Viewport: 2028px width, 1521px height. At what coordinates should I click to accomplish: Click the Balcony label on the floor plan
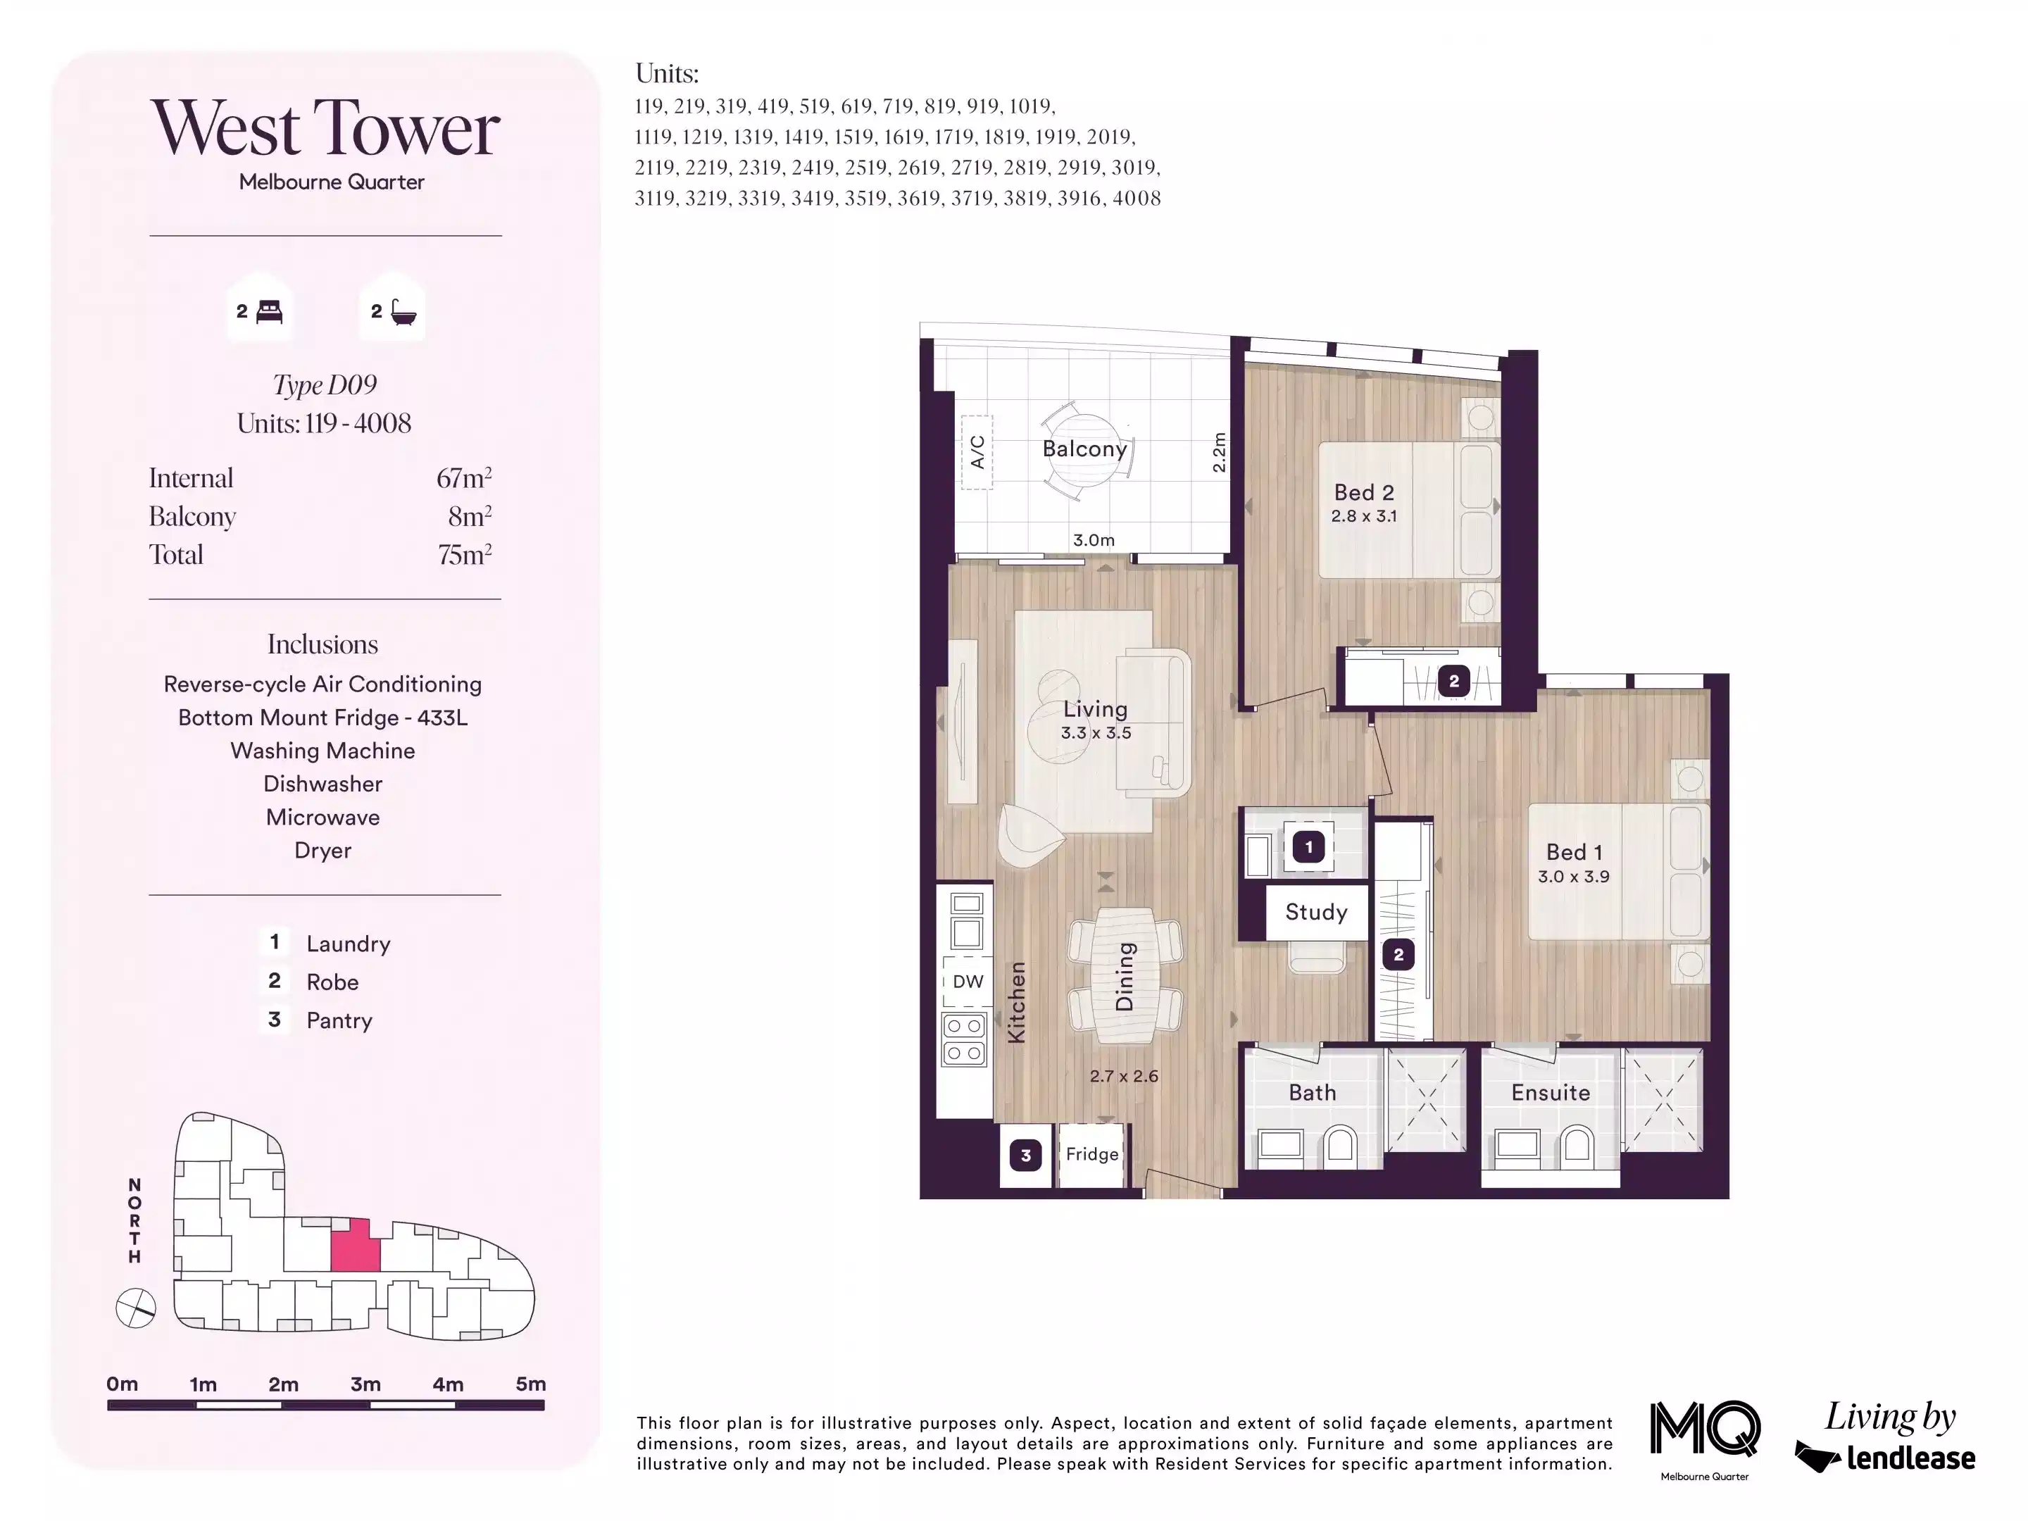point(1084,449)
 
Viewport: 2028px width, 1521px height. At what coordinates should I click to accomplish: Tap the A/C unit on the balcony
point(977,452)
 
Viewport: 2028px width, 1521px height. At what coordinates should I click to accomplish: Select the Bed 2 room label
point(1364,492)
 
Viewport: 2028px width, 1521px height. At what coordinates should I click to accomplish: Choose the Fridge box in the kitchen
point(1092,1154)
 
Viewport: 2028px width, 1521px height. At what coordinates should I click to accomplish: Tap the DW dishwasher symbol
point(968,981)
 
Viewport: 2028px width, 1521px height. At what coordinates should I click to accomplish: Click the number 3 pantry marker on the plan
point(1026,1156)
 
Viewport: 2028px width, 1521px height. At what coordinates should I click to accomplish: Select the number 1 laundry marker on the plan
point(1309,847)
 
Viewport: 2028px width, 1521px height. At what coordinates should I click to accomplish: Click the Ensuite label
point(1551,1093)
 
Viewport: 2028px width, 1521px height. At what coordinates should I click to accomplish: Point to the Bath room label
point(1313,1093)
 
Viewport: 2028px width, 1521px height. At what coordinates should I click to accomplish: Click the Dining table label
point(1125,977)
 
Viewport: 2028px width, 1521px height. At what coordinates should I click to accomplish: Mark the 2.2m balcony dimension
point(1218,453)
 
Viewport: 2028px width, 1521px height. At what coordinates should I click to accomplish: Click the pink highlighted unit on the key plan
point(355,1245)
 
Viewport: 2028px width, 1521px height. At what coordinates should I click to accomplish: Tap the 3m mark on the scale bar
point(365,1384)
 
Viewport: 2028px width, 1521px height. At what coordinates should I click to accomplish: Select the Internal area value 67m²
point(464,477)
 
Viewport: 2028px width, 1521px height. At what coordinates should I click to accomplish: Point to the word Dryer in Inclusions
point(323,851)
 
